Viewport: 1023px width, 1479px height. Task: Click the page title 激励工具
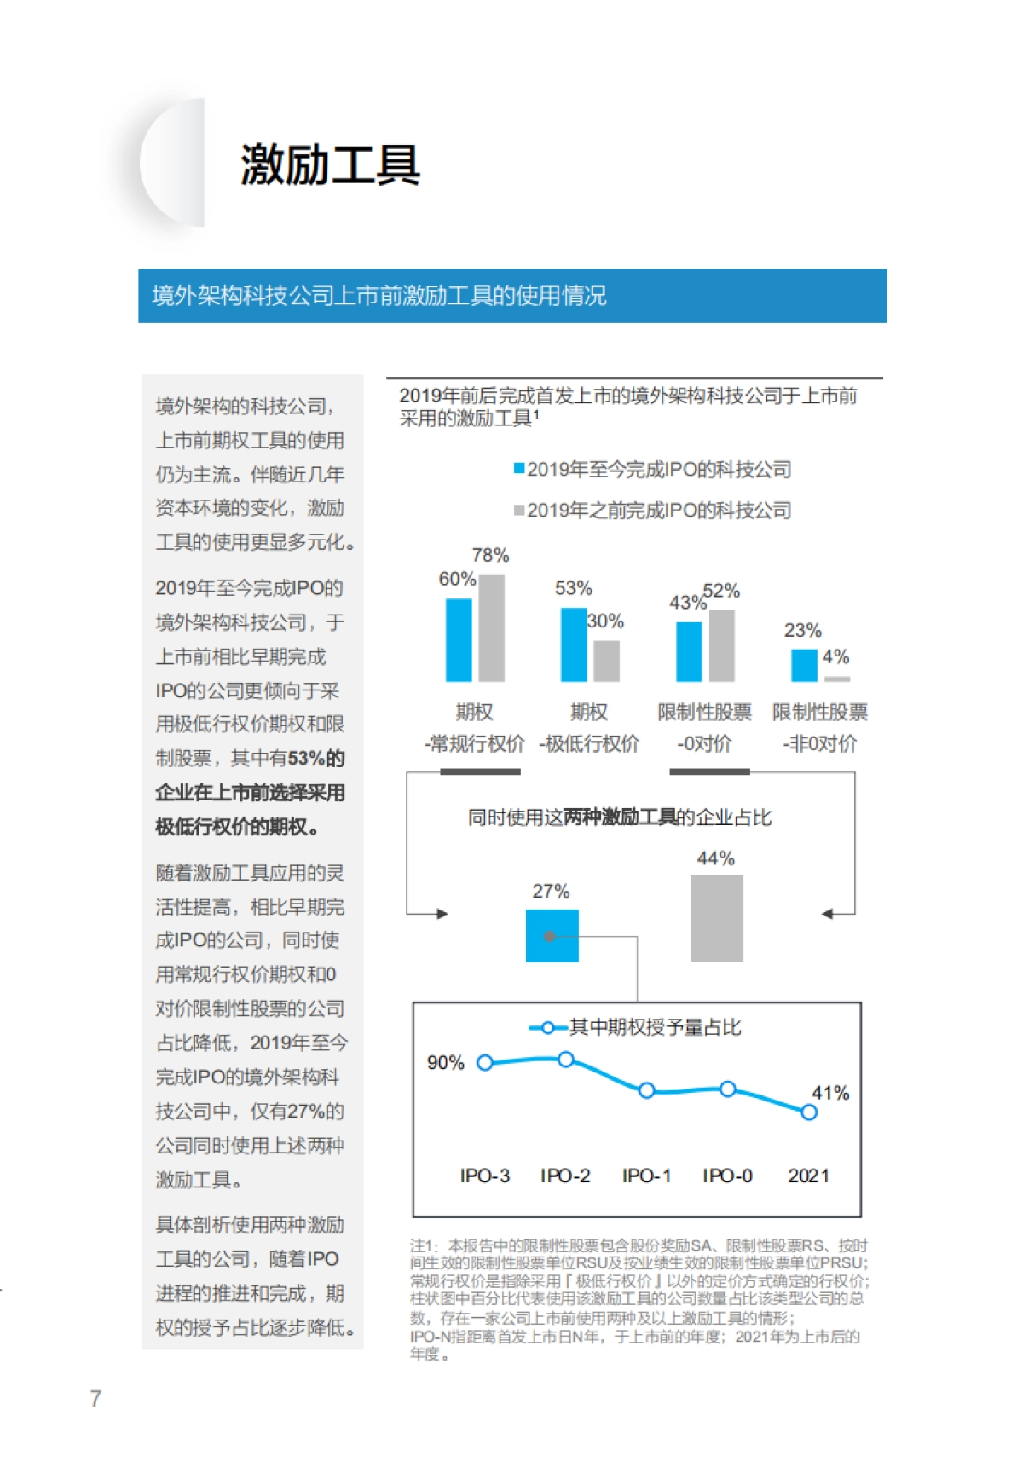(330, 165)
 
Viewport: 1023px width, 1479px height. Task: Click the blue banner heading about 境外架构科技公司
(379, 296)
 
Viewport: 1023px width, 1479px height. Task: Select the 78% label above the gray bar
(490, 556)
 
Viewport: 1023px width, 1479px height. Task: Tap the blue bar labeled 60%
(459, 640)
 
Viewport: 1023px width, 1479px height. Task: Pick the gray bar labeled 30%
(606, 661)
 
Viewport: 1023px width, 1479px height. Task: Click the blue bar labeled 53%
(573, 644)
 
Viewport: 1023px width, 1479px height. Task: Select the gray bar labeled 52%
(722, 645)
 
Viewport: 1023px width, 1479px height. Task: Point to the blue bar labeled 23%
(804, 665)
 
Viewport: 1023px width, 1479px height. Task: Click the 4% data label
(835, 657)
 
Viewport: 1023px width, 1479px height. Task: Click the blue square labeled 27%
(552, 936)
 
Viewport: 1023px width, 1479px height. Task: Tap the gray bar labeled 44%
(716, 918)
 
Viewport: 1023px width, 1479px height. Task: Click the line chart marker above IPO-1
(646, 1090)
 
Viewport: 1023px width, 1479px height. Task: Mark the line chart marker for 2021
(809, 1112)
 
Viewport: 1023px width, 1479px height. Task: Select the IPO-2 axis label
(565, 1176)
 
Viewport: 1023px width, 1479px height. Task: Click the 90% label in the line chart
(445, 1063)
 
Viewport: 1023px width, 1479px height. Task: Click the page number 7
(95, 1398)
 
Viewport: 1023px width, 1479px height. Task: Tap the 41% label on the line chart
(829, 1093)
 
